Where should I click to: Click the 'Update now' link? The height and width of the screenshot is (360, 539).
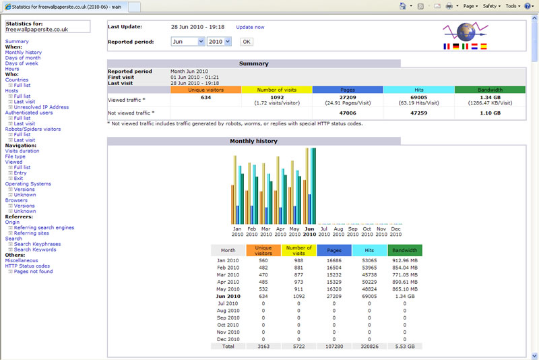click(x=250, y=27)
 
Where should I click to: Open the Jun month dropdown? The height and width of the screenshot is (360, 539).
click(x=188, y=42)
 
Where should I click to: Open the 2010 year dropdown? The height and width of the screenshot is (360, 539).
click(x=219, y=42)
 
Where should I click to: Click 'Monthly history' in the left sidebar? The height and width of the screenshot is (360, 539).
click(x=24, y=53)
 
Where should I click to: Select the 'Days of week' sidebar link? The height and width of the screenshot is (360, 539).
click(x=22, y=63)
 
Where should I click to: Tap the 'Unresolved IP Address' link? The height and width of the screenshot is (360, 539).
click(x=41, y=107)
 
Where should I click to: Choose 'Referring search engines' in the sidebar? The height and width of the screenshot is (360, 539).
click(x=44, y=228)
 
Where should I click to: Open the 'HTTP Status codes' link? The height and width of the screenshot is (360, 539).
click(x=28, y=266)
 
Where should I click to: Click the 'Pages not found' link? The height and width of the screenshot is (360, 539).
click(x=33, y=272)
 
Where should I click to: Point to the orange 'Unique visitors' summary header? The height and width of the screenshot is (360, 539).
click(x=206, y=90)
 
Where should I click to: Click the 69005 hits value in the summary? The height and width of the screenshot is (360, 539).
click(x=418, y=98)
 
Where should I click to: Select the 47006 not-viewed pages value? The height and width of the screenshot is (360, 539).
click(x=348, y=113)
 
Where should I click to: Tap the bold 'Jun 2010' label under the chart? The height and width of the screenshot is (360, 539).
click(x=309, y=231)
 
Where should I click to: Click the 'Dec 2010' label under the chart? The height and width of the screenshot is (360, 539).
click(x=395, y=231)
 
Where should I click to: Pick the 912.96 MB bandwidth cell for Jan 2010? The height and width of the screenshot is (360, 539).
click(x=405, y=261)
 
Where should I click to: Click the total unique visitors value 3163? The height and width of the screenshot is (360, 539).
click(x=263, y=347)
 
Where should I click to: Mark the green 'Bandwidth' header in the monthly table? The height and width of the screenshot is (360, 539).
click(x=405, y=250)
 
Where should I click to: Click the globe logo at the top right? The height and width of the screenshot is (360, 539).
click(x=466, y=32)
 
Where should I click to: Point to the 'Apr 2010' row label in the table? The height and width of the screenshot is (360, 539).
click(x=228, y=282)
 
